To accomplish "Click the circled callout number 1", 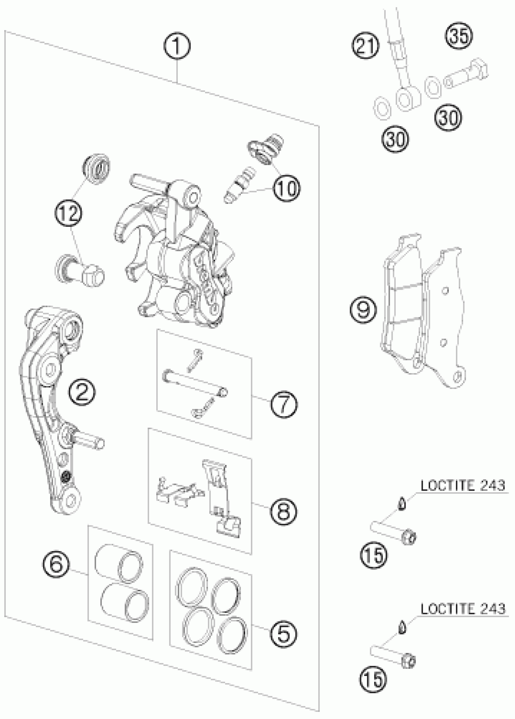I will tap(177, 46).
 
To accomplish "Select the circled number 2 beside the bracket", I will tap(82, 393).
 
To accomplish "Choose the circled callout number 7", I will tap(284, 404).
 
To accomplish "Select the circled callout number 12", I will tap(69, 212).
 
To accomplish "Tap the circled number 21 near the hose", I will tap(365, 46).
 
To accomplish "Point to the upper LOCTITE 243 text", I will tap(462, 485).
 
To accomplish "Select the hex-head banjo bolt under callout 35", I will tap(467, 75).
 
